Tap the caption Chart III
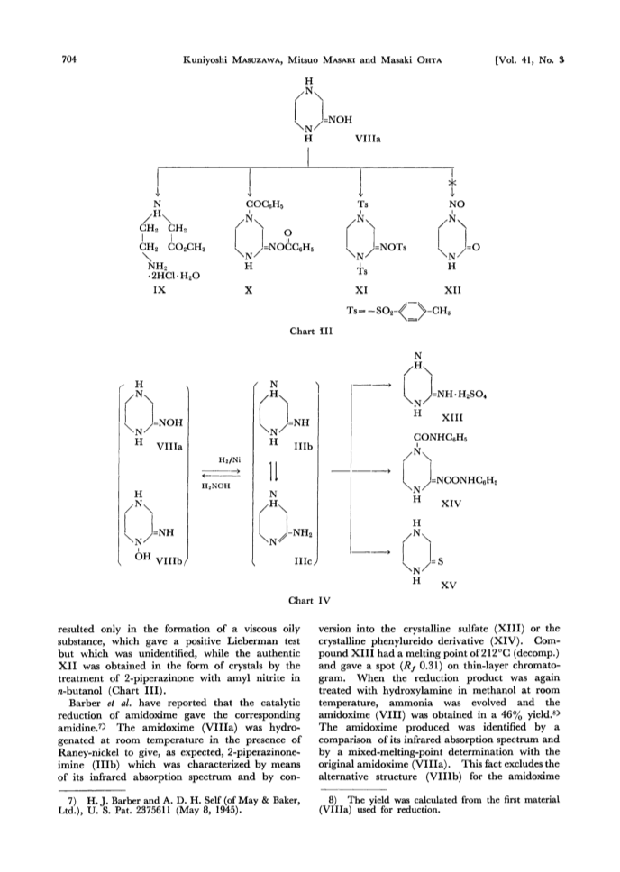[311, 331]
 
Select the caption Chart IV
[309, 601]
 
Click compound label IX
[160, 290]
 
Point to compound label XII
[453, 290]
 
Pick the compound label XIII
[451, 418]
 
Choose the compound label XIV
[451, 504]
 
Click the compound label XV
[449, 585]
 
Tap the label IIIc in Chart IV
[304, 563]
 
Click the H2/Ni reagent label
[229, 459]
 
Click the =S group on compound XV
[437, 561]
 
